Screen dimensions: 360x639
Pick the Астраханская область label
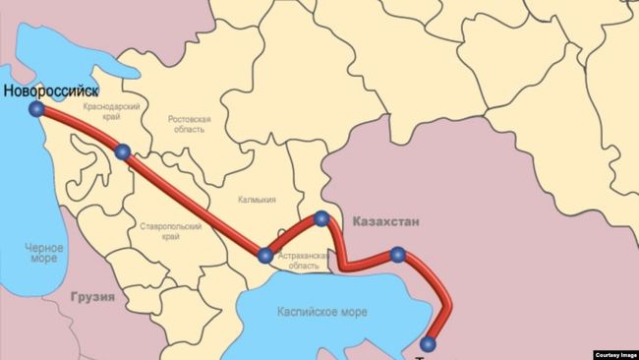297,261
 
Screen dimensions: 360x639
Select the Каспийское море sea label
323,312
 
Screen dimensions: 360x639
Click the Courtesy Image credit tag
615,354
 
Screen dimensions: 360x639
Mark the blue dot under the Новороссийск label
36,109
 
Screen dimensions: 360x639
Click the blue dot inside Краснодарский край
123,151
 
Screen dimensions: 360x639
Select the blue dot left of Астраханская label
264,255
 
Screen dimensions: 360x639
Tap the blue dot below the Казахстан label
397,255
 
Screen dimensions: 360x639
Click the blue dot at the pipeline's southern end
428,343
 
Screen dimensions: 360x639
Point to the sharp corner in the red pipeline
347,266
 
